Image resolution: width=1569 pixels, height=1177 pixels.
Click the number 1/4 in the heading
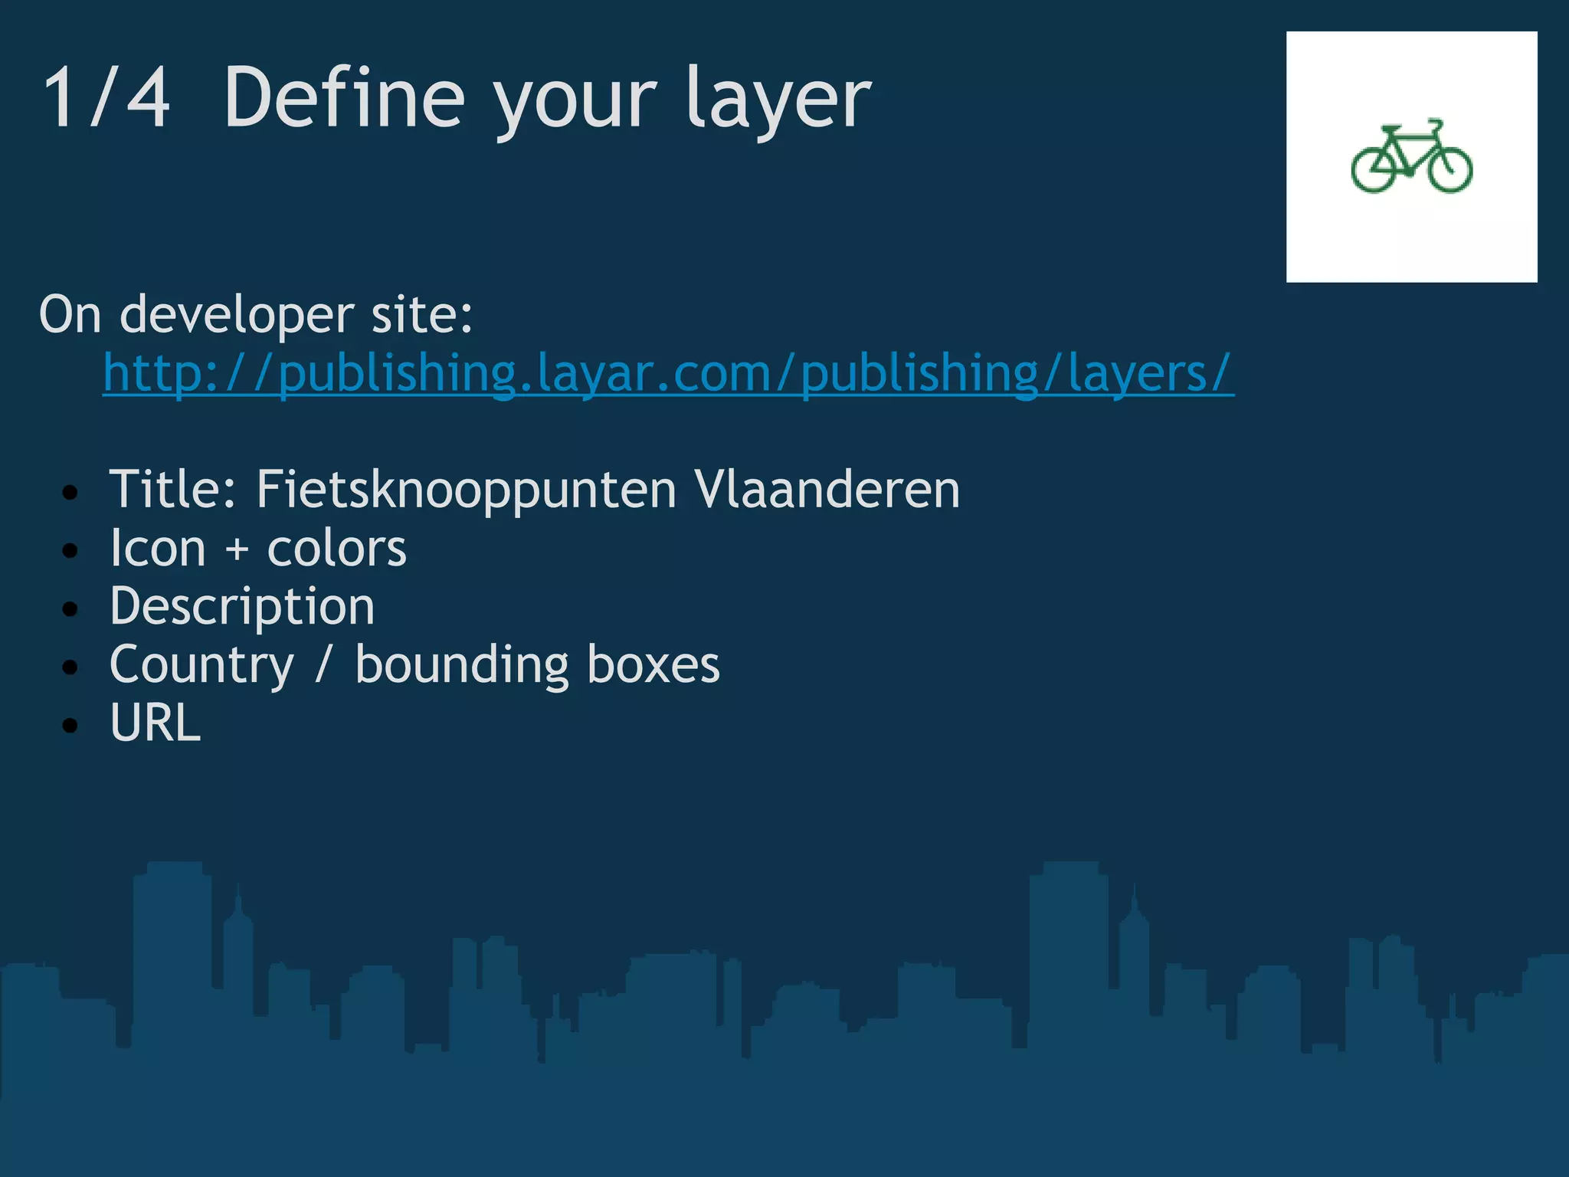[x=106, y=98]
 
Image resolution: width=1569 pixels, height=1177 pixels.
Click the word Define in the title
[x=344, y=98]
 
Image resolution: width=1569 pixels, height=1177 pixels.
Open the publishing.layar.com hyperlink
[x=668, y=373]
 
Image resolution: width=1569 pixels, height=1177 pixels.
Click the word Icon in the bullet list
[x=158, y=549]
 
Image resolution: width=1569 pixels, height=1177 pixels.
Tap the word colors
[x=336, y=549]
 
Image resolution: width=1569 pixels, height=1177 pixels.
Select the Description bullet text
[x=242, y=607]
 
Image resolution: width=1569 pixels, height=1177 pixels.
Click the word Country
[x=201, y=665]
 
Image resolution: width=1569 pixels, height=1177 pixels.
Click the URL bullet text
[x=156, y=723]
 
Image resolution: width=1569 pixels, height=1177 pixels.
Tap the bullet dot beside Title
[x=70, y=493]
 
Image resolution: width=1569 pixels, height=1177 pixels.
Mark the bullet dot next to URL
[x=70, y=726]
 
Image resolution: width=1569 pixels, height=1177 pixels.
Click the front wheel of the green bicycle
[x=1450, y=169]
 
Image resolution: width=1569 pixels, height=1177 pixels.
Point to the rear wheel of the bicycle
[x=1374, y=169]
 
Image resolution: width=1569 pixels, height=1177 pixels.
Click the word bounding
[x=462, y=664]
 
